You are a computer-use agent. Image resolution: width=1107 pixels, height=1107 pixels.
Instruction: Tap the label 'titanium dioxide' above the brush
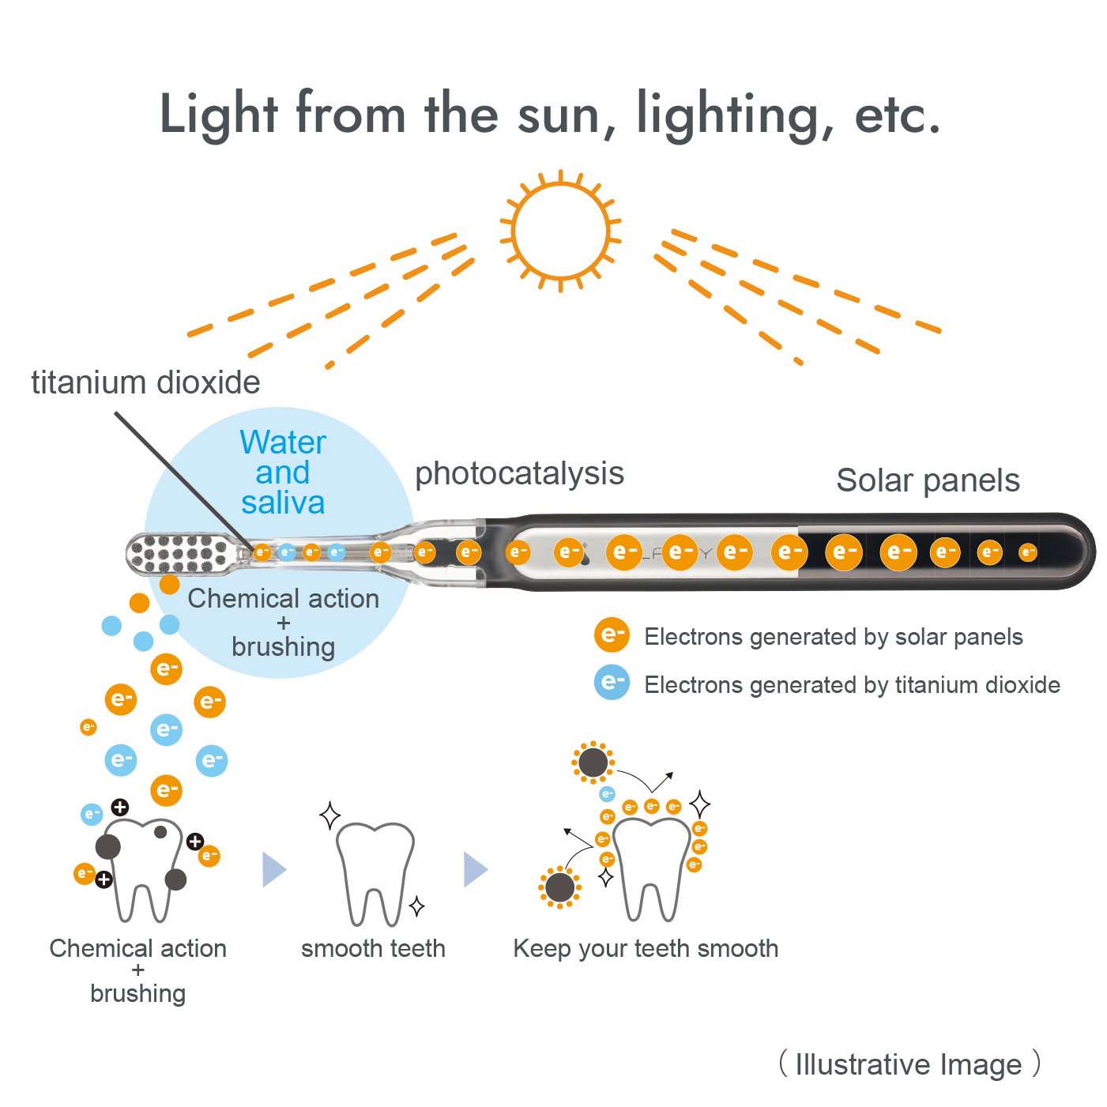145,382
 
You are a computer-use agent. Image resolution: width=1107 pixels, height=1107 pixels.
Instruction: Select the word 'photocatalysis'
519,474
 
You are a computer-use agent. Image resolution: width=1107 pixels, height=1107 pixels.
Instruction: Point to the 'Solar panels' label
928,480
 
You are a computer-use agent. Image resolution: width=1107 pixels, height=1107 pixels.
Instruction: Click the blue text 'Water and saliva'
283,473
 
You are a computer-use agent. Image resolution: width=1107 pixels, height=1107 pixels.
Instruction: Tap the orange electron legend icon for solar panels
612,635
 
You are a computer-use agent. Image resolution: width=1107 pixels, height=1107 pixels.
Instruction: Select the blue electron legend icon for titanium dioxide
612,683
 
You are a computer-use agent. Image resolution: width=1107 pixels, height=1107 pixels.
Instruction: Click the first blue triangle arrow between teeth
274,869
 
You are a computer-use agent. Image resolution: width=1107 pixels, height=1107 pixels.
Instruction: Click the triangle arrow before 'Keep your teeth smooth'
476,869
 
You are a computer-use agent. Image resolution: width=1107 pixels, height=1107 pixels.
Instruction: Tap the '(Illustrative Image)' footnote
909,1064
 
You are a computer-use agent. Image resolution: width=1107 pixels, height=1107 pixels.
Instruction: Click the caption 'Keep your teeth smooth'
646,948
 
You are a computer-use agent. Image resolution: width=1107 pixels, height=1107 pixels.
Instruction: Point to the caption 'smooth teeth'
374,948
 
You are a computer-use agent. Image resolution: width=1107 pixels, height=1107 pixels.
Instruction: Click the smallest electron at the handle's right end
1028,552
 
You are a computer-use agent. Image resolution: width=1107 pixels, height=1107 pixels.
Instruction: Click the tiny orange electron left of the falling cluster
88,727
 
